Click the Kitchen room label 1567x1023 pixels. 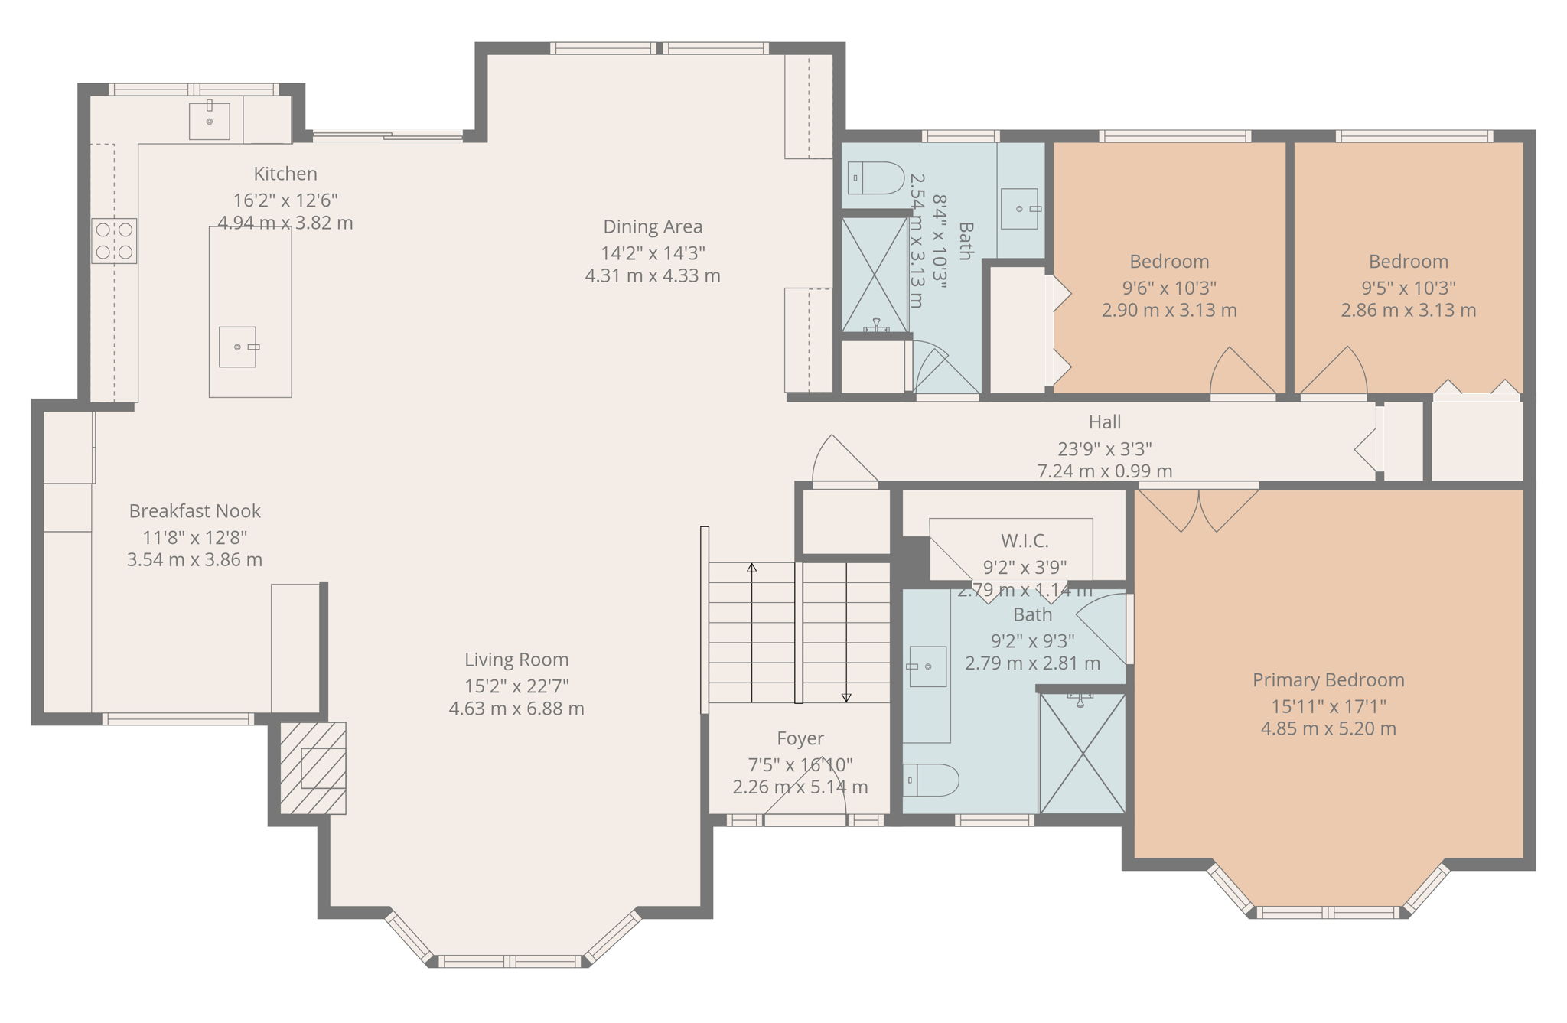(x=285, y=174)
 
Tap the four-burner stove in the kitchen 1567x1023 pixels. (x=114, y=241)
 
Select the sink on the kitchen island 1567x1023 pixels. (x=238, y=347)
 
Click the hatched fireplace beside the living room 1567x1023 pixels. (x=313, y=767)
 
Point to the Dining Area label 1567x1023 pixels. (x=653, y=226)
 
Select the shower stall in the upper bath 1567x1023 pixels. (x=875, y=275)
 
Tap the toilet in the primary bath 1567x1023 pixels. (x=930, y=780)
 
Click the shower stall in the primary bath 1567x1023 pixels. (x=1083, y=754)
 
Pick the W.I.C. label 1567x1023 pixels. (x=1025, y=541)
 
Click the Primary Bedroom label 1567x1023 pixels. (x=1328, y=679)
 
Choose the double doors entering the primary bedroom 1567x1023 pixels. (x=1198, y=510)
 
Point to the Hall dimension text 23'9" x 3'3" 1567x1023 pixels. (x=1104, y=448)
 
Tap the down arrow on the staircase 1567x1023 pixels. (x=846, y=697)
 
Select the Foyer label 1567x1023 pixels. (x=800, y=738)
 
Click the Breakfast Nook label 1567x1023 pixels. (x=194, y=511)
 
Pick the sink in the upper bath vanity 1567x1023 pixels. (x=1020, y=209)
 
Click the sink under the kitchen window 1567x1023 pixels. (x=209, y=121)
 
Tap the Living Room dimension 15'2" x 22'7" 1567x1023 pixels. (x=516, y=686)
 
